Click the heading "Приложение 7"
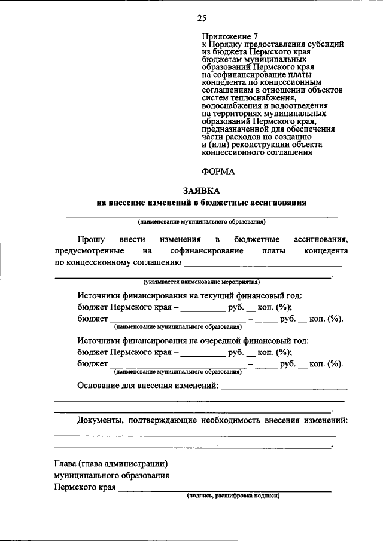point(226,35)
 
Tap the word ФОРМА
point(218,172)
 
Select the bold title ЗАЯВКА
point(201,191)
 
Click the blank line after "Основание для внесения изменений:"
point(284,389)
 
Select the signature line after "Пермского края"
point(224,491)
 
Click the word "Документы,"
point(99,420)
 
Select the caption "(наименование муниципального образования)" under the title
point(201,221)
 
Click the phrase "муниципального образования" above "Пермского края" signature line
point(111,476)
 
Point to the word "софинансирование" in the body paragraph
point(206,250)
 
